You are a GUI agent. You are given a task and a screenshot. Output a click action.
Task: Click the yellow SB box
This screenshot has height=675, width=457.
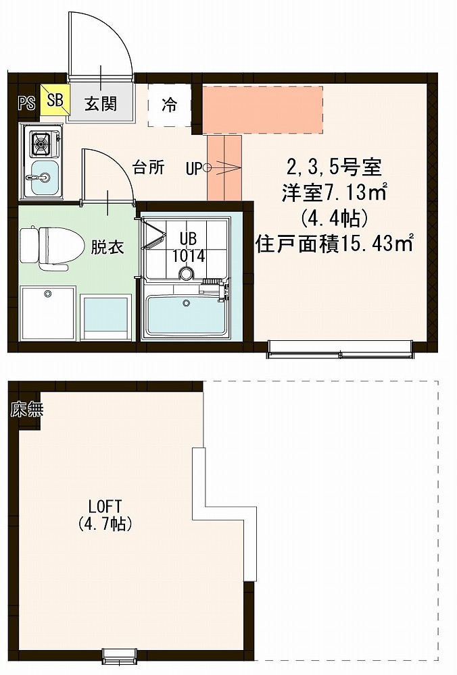coord(55,100)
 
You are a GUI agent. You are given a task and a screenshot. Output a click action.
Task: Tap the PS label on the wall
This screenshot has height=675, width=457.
coord(27,104)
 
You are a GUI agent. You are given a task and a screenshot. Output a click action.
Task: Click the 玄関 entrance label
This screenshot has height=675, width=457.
coord(101,104)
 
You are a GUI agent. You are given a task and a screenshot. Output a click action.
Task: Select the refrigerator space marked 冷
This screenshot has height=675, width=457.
coord(170,105)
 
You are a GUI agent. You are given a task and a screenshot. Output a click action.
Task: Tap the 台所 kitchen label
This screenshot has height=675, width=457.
coord(148,167)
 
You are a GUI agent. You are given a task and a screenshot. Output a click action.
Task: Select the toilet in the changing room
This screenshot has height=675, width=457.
coord(52,248)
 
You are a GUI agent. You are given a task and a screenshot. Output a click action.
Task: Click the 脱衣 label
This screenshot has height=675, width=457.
coord(107,248)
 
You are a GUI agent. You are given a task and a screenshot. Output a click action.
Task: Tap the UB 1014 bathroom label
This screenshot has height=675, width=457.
coord(188,248)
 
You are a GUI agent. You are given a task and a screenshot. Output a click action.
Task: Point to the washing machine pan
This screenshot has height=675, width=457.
coord(47,312)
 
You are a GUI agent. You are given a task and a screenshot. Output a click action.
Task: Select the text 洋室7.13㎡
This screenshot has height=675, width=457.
coord(333,193)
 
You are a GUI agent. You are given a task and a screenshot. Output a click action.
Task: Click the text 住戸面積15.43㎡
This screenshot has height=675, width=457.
coord(335,243)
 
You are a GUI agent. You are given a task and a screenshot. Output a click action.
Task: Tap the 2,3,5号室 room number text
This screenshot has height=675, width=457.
coord(334,167)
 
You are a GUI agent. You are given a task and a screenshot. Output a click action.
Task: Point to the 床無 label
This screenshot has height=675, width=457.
coord(27,410)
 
